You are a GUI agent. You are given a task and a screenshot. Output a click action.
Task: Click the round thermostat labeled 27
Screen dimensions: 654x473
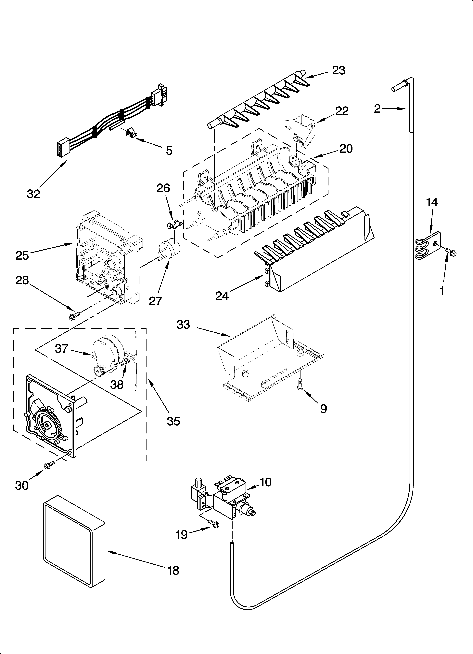tap(169, 249)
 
